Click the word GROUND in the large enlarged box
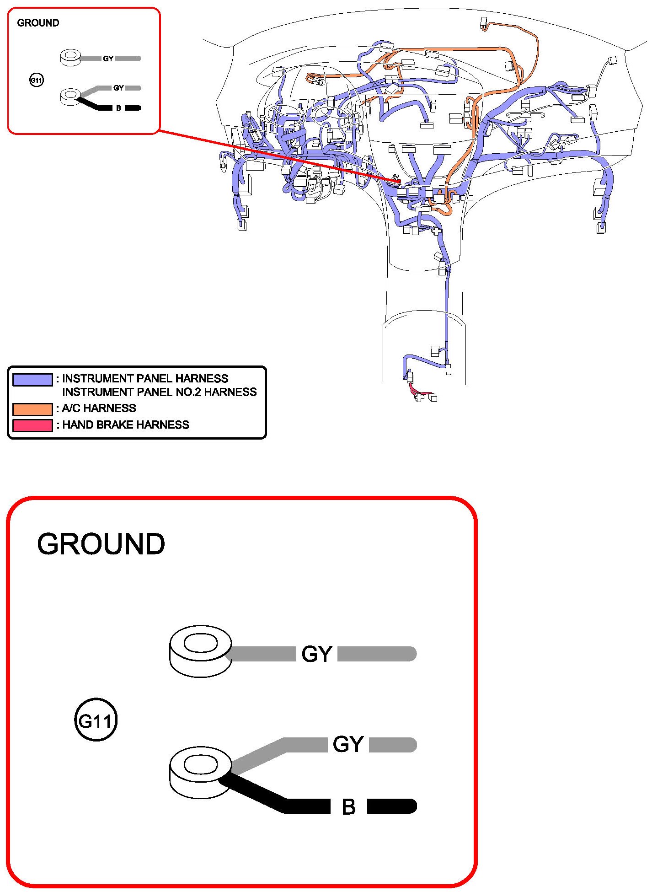pyautogui.click(x=101, y=544)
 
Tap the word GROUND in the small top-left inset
pyautogui.click(x=38, y=23)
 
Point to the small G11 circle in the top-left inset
pyautogui.click(x=36, y=81)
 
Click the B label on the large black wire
pyautogui.click(x=348, y=807)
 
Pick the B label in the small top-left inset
pyautogui.click(x=118, y=108)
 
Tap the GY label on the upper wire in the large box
pyautogui.click(x=316, y=654)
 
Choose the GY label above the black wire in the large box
pyautogui.click(x=348, y=744)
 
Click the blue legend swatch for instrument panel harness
pyautogui.click(x=32, y=380)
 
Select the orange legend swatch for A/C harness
pyautogui.click(x=32, y=409)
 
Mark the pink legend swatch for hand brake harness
pyautogui.click(x=32, y=425)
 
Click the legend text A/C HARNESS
pyautogui.click(x=99, y=408)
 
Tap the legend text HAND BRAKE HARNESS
pyautogui.click(x=125, y=425)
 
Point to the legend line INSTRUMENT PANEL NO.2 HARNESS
pyautogui.click(x=159, y=392)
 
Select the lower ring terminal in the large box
pyautogui.click(x=200, y=772)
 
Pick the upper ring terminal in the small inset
pyautogui.click(x=70, y=58)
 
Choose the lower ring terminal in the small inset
pyautogui.click(x=70, y=97)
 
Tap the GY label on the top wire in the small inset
pyautogui.click(x=108, y=59)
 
